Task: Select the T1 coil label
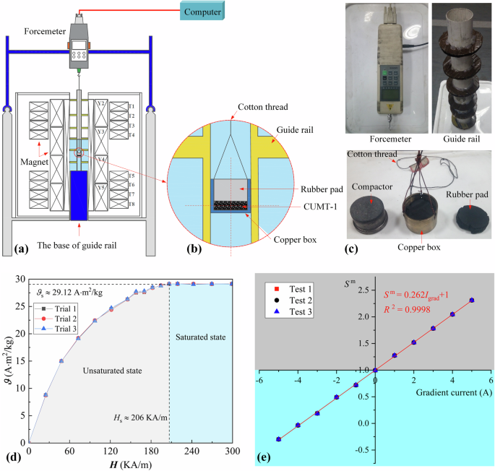coord(131,106)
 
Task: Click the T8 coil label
coord(131,204)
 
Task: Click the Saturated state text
coord(200,337)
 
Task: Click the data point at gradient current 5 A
coord(471,300)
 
